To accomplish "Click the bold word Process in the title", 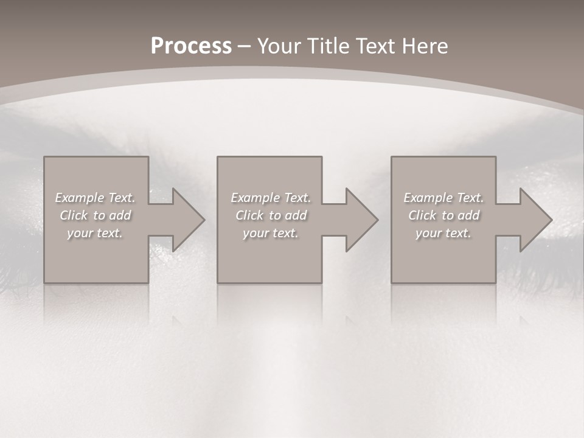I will tap(191, 46).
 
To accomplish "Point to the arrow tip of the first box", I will tap(203, 220).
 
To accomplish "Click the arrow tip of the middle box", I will tap(376, 220).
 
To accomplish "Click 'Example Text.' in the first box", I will tap(95, 198).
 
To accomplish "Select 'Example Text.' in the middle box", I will tap(271, 198).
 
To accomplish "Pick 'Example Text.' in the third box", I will tap(443, 198).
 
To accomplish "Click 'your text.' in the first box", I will tap(95, 233).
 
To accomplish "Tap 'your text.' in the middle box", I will tap(271, 233).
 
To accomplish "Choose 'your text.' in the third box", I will tap(443, 233).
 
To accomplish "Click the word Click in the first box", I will tap(74, 215).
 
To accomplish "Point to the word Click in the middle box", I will tap(249, 215).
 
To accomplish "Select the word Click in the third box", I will tap(422, 215).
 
